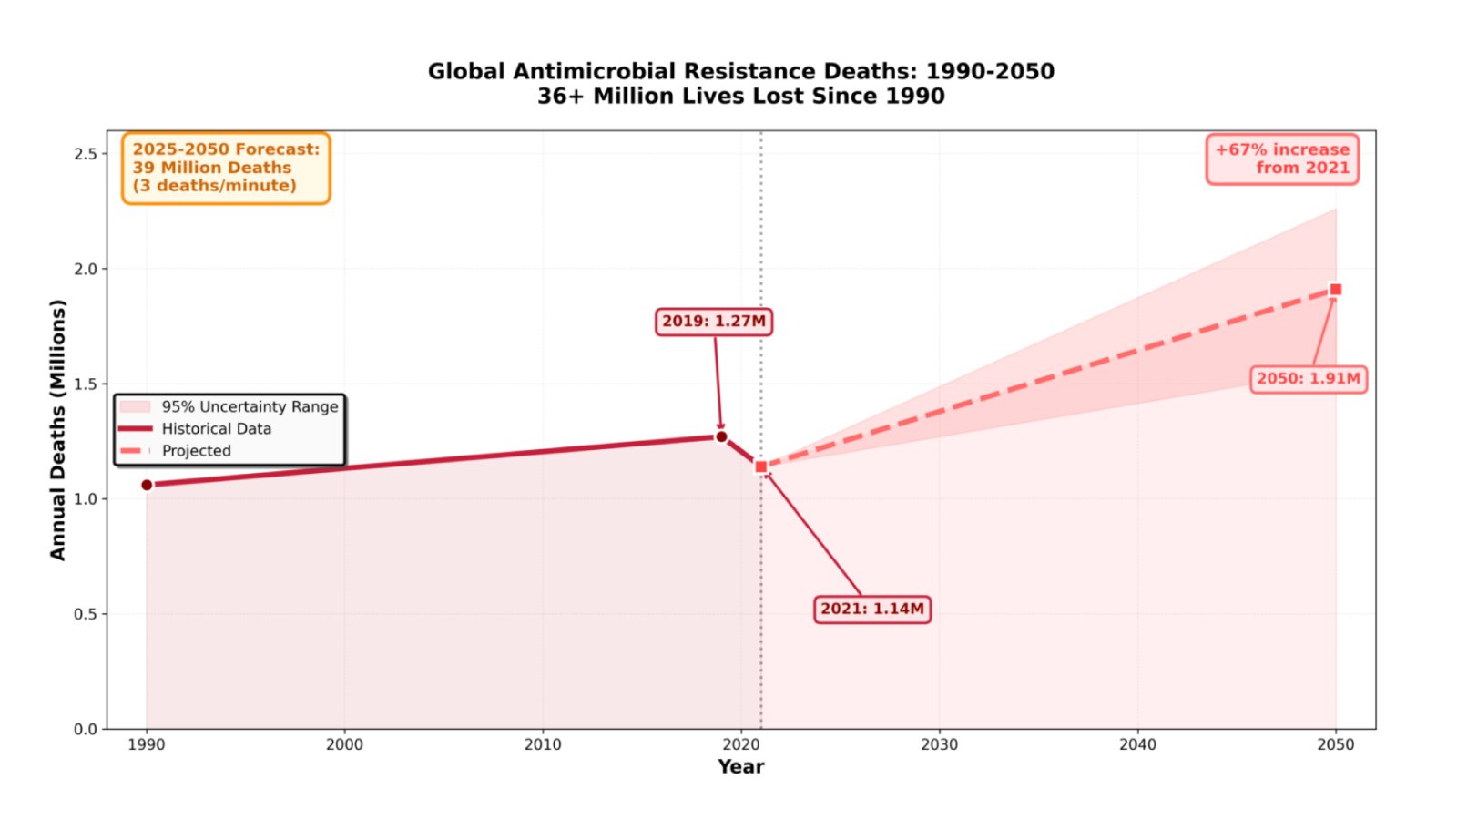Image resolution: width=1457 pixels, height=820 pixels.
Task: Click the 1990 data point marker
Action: coord(147,485)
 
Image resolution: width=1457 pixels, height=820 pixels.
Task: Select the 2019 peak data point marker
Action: coord(721,436)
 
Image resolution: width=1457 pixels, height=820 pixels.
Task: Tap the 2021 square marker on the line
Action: coord(761,466)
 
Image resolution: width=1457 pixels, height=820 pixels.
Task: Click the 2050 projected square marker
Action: coord(1336,290)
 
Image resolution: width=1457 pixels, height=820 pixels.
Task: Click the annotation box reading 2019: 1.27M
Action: coord(714,322)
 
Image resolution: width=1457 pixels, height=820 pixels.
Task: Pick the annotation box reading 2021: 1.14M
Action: coord(871,609)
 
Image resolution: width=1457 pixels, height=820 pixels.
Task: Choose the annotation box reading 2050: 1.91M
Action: coord(1308,378)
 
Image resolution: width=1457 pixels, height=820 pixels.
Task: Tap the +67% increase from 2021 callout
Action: coord(1282,159)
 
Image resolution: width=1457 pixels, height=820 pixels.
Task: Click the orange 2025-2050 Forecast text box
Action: coord(226,168)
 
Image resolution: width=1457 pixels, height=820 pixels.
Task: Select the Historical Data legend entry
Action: coord(216,428)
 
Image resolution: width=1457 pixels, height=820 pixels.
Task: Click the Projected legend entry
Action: coord(196,451)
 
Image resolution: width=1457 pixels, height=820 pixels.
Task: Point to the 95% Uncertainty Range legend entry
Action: coord(249,406)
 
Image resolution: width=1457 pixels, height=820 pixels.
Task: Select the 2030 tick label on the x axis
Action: coord(939,744)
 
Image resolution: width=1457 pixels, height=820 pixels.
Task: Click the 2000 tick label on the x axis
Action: coord(344,744)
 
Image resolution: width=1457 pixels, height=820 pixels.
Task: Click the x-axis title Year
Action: coord(740,767)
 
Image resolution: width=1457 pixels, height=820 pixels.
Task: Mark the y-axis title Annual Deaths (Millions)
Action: coord(57,429)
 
